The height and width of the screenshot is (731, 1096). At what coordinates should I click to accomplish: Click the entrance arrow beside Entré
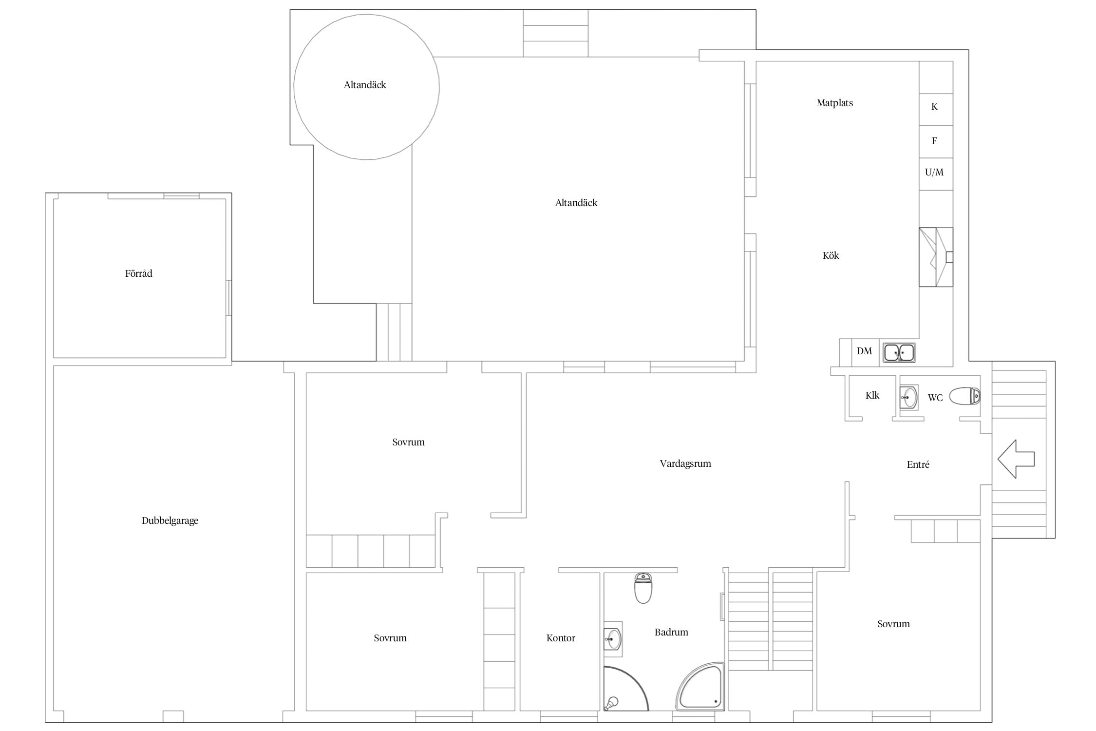[1016, 459]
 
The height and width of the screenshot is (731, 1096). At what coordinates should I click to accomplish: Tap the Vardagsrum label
[685, 463]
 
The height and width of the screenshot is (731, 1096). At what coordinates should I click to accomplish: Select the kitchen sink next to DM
[899, 352]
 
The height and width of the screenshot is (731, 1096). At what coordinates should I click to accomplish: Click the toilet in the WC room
[965, 396]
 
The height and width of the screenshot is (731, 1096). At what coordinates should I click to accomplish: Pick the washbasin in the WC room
[909, 397]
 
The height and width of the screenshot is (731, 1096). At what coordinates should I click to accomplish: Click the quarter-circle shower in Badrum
[626, 689]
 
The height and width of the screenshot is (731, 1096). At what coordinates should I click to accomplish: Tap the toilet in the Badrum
[643, 588]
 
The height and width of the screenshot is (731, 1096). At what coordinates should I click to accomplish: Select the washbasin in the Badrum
[613, 636]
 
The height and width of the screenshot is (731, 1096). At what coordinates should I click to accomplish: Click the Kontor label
[561, 638]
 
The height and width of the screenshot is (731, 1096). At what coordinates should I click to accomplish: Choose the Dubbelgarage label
[170, 520]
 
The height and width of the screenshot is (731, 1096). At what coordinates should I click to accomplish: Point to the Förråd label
[139, 273]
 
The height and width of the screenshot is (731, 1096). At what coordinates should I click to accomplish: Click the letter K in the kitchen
[934, 106]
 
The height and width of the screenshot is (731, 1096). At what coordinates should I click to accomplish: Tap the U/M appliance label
[934, 172]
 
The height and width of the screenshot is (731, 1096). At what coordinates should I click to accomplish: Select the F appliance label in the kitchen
[934, 141]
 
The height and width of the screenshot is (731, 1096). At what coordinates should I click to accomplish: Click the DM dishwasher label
[864, 351]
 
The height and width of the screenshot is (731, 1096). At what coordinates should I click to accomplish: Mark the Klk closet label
[872, 395]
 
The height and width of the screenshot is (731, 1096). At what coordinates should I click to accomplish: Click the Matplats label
[835, 103]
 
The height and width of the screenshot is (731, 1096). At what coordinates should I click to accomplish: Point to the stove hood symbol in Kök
[936, 257]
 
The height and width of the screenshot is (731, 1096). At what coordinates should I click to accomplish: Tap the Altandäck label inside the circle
[365, 85]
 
